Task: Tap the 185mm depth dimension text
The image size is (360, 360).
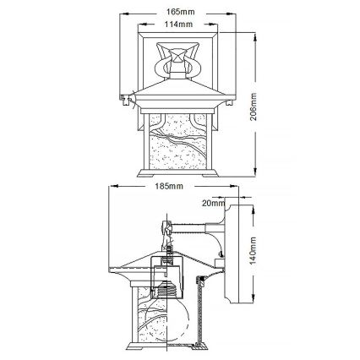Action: [x=169, y=185]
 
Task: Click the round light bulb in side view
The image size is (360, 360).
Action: [x=178, y=325]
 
